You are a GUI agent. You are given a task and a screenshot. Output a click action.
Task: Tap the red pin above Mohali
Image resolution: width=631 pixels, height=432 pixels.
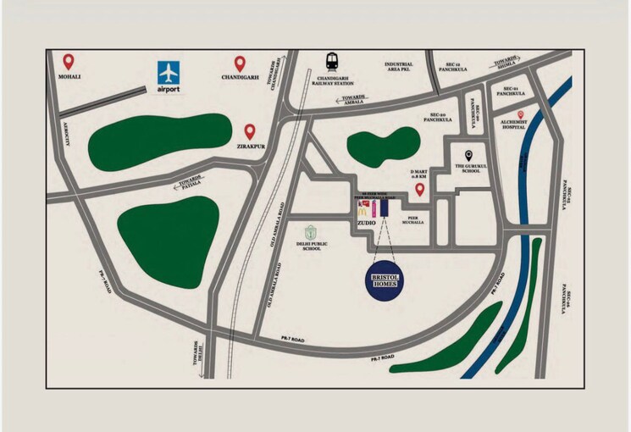(69, 62)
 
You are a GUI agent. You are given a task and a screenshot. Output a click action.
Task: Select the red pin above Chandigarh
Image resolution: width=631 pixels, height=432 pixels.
(240, 64)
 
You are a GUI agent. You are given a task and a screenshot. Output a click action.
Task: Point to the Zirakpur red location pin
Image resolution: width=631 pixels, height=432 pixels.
(250, 131)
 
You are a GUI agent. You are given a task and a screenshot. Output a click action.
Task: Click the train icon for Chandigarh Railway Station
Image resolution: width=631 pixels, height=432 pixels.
(333, 64)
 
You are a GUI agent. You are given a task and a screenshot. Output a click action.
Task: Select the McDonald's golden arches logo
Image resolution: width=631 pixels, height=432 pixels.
(363, 207)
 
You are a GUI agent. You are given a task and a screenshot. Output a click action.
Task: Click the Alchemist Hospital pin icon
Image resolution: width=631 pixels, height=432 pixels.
(522, 114)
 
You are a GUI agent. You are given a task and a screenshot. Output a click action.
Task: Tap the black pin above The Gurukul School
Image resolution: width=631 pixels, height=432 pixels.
(468, 157)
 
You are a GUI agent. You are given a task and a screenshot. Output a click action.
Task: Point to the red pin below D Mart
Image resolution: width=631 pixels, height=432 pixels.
(419, 190)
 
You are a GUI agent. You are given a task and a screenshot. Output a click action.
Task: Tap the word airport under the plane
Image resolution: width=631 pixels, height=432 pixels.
(169, 89)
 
